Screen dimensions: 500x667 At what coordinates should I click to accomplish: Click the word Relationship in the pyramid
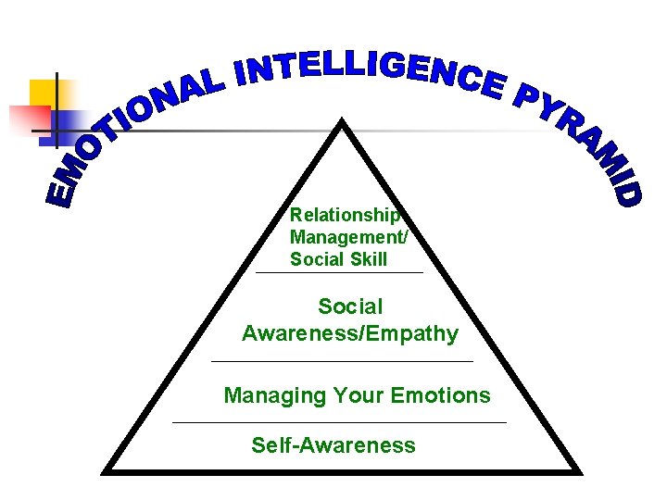pos(345,215)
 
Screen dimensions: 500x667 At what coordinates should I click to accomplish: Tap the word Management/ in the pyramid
pos(348,237)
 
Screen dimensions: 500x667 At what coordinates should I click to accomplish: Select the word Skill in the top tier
pos(369,259)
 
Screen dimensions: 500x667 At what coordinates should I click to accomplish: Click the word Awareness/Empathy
pos(350,333)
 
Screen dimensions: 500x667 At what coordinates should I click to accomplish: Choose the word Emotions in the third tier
pos(441,395)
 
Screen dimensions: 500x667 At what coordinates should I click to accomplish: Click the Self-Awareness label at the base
pos(333,445)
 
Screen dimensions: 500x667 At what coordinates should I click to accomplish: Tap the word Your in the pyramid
pos(359,395)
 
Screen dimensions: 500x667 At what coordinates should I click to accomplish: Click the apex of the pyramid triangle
pos(344,120)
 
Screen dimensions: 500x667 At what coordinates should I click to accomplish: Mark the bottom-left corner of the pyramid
pos(104,472)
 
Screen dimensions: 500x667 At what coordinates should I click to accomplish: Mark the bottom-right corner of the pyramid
pos(580,472)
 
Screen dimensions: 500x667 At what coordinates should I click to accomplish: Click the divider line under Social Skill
pos(339,273)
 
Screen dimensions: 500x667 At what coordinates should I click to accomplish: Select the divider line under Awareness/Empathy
pos(342,360)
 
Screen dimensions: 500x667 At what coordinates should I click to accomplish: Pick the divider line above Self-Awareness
pos(340,422)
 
